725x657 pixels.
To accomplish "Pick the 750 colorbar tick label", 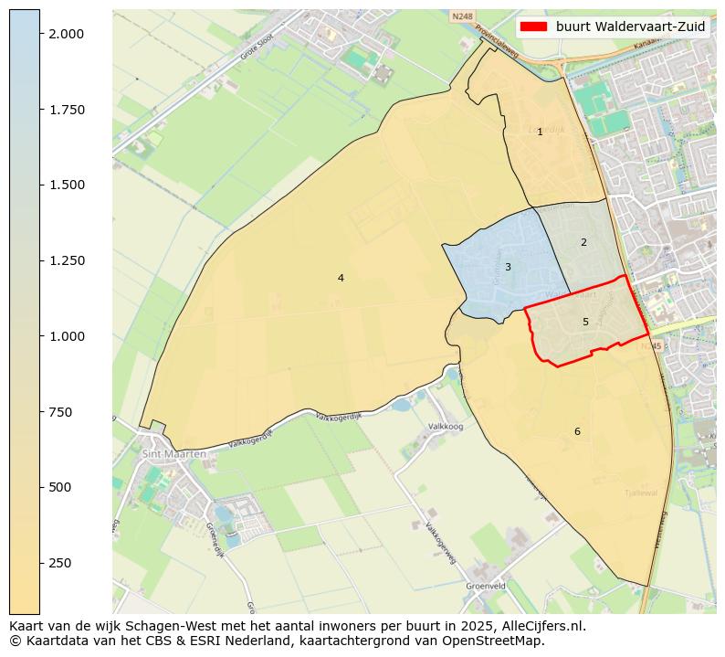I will (x=59, y=412).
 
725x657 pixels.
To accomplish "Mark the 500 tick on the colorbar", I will (x=59, y=487).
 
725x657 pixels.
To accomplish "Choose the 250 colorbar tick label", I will (x=59, y=563).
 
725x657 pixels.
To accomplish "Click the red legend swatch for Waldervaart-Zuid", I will (x=533, y=26).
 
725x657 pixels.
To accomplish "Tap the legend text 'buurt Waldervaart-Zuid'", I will (x=630, y=26).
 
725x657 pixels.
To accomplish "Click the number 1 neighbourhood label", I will (x=540, y=132).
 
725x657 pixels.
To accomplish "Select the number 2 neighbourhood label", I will (x=583, y=242).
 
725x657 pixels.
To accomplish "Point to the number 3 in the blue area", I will (x=508, y=267).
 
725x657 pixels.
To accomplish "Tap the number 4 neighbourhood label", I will (x=341, y=278).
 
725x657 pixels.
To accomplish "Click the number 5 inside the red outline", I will (x=585, y=322).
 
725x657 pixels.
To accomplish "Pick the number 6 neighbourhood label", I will (x=577, y=431).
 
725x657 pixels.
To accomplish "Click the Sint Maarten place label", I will (x=174, y=453).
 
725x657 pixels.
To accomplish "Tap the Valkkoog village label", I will (x=446, y=427).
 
